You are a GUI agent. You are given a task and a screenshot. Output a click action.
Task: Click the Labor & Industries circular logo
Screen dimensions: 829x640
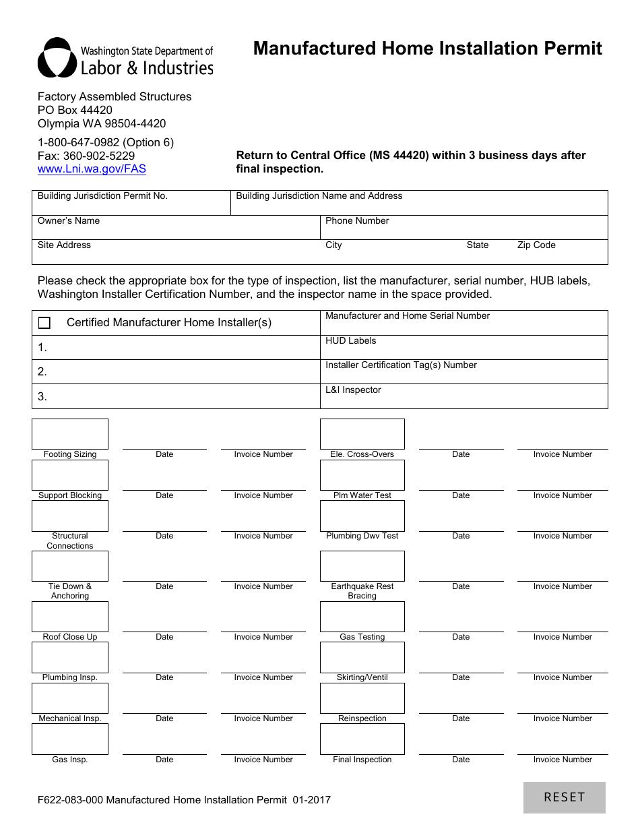(57, 58)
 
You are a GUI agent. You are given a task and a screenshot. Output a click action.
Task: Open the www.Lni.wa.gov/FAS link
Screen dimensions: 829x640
(92, 169)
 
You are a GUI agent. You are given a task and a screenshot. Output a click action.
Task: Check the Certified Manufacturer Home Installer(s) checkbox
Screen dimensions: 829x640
(44, 323)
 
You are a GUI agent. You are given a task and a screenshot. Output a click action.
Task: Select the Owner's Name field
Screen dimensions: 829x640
(175, 231)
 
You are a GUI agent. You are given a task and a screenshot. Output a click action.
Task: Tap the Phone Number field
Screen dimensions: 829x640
(463, 231)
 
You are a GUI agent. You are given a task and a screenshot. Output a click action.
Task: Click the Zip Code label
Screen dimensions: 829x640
(536, 245)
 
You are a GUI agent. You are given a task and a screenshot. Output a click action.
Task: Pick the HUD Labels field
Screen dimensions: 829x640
(463, 351)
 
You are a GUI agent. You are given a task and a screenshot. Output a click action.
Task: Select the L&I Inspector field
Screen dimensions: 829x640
(463, 400)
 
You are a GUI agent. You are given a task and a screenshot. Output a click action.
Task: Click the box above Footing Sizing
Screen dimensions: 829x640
(70, 434)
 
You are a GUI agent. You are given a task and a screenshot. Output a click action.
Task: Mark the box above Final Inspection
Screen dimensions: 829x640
(362, 739)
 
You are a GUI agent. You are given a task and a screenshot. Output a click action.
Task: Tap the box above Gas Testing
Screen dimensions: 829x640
(362, 617)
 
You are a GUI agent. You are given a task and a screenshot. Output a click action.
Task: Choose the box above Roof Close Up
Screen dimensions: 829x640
(70, 617)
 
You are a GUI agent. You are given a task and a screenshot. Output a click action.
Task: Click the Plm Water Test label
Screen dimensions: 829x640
(362, 495)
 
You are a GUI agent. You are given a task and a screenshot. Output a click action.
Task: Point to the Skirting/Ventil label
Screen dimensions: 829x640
(362, 677)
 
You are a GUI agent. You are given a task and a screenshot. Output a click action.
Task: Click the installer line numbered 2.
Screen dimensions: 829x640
(175, 371)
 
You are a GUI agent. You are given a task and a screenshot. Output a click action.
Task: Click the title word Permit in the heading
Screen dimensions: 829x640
(569, 49)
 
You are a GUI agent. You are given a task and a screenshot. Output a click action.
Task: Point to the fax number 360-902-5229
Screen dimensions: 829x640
(99, 156)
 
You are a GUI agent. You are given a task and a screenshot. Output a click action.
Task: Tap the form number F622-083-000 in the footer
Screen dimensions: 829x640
(70, 800)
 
